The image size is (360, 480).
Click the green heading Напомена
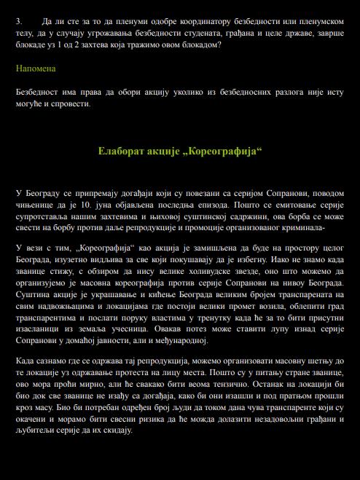36,68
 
